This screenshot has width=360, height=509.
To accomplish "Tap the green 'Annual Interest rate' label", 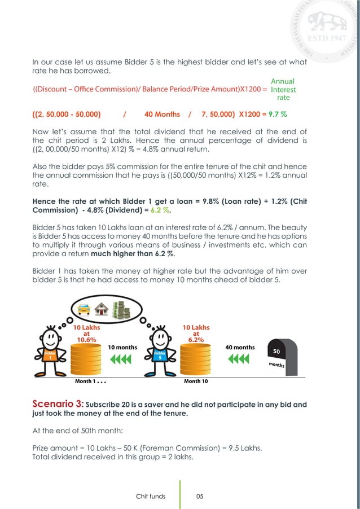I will (x=283, y=89).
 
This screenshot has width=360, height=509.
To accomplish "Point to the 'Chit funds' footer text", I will (x=151, y=496).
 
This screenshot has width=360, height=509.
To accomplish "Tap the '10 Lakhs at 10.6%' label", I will (x=82, y=334).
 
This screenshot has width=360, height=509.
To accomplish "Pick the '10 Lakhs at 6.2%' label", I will (x=196, y=334).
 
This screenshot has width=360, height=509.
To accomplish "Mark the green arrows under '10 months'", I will (x=122, y=359).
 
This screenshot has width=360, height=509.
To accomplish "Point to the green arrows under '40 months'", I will (x=240, y=359).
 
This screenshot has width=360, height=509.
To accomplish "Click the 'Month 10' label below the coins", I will (x=196, y=381).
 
